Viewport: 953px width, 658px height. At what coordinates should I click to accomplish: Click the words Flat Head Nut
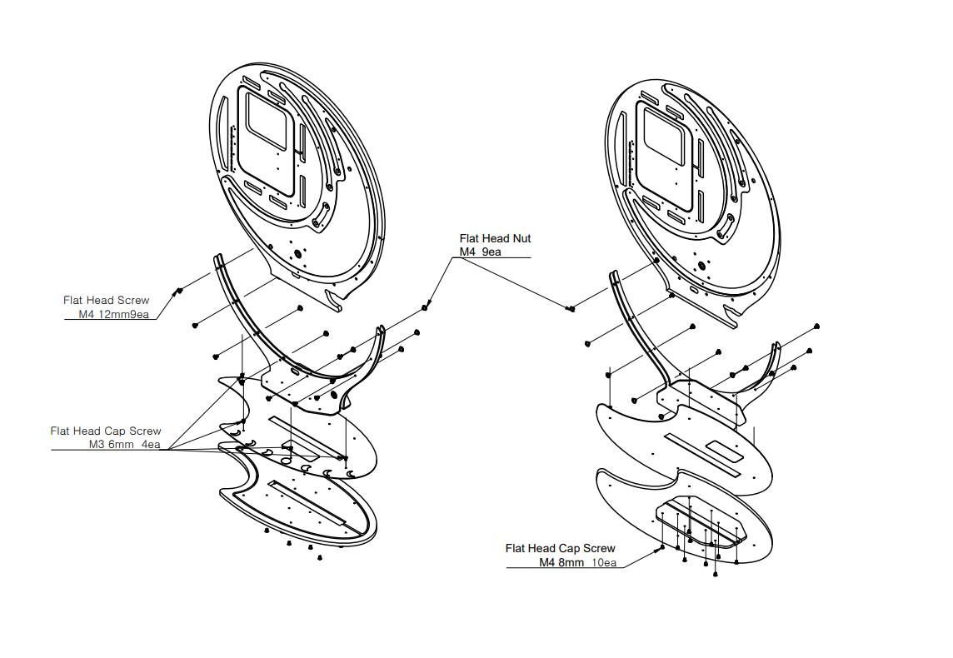(495, 239)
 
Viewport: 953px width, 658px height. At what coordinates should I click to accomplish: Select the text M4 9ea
(480, 252)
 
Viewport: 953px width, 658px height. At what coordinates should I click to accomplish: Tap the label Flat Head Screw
(107, 300)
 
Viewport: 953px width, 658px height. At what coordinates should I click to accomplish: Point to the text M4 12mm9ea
(113, 315)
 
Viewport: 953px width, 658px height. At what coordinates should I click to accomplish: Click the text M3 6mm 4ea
(125, 445)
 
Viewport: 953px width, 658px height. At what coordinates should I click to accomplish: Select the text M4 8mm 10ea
(577, 562)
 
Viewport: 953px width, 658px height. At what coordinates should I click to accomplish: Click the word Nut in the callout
(521, 239)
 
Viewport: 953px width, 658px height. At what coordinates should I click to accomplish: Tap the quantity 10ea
(604, 562)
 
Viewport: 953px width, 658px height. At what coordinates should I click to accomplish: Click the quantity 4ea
(152, 445)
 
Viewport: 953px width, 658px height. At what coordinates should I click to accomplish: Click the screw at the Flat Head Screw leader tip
(178, 292)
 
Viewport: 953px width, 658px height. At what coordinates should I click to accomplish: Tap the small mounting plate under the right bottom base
(700, 521)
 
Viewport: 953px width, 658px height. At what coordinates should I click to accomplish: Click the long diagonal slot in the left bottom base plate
(307, 502)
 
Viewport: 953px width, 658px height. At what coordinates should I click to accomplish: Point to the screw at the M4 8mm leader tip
(662, 548)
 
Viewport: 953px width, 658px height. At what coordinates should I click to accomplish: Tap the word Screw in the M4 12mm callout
(133, 300)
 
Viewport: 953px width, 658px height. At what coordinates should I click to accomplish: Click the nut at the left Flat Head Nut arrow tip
(425, 307)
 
